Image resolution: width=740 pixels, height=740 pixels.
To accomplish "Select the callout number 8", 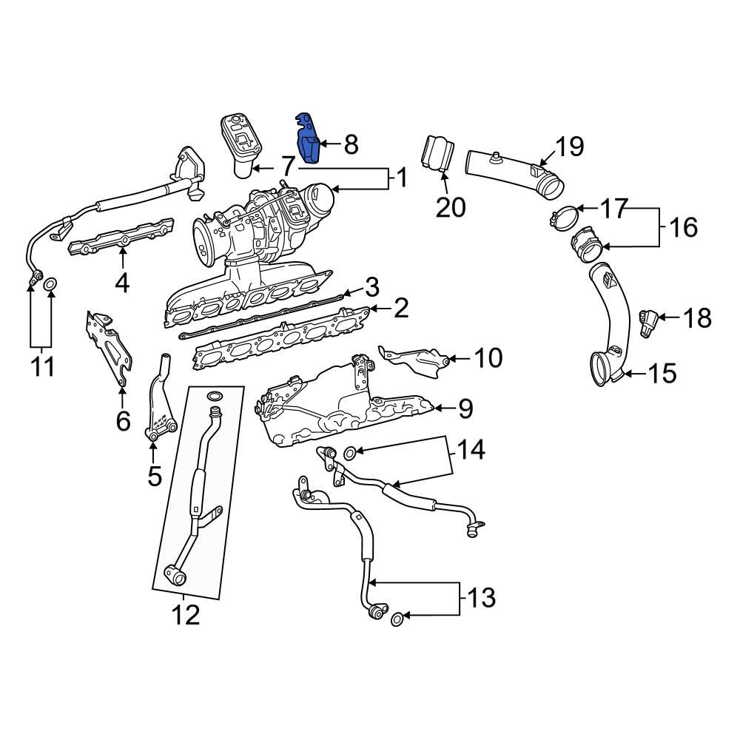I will [x=351, y=144].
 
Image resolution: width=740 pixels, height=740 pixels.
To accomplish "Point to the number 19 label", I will [x=569, y=147].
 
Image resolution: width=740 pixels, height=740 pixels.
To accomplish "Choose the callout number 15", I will [x=662, y=374].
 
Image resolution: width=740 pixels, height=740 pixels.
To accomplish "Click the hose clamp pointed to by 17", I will [x=563, y=218].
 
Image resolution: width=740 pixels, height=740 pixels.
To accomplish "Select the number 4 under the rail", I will [x=122, y=283].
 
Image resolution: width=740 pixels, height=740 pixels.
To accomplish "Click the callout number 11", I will [x=43, y=366].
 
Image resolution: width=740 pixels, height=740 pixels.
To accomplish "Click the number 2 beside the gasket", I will [x=400, y=308].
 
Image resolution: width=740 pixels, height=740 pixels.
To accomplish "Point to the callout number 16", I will [x=684, y=227].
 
